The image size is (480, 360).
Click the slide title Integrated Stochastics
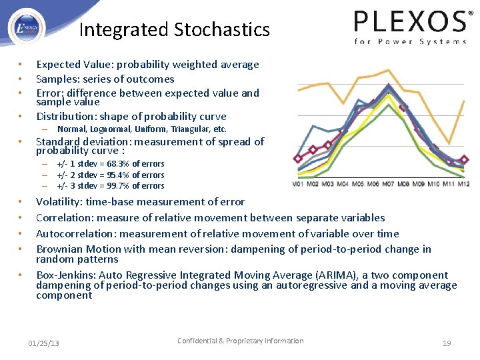(x=174, y=30)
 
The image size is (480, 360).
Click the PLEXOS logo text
(x=409, y=22)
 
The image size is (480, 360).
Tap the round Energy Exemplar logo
(x=27, y=27)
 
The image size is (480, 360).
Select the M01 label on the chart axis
(x=299, y=184)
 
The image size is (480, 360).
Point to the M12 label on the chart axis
(x=463, y=184)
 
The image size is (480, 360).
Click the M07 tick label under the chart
(x=388, y=184)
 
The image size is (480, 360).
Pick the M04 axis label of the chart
(x=343, y=184)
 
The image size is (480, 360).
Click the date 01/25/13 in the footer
(x=43, y=343)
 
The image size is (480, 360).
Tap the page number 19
(x=447, y=343)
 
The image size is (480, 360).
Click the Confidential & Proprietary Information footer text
(x=240, y=341)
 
